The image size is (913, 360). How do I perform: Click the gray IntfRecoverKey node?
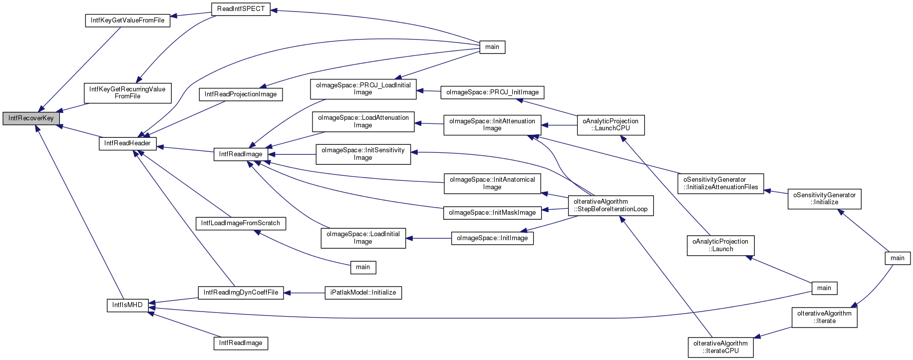pyautogui.click(x=31, y=118)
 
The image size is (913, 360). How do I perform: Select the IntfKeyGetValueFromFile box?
pyautogui.click(x=128, y=20)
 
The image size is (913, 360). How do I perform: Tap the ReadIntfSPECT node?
pyautogui.click(x=241, y=9)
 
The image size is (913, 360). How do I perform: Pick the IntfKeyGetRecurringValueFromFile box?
pyautogui.click(x=128, y=93)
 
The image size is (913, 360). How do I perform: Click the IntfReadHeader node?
pyautogui.click(x=128, y=143)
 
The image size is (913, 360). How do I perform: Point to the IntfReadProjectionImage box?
pyautogui.click(x=241, y=94)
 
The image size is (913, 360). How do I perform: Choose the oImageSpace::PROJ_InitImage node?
pyautogui.click(x=492, y=92)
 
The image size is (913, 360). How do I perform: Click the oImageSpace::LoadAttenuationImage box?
pyautogui.click(x=363, y=121)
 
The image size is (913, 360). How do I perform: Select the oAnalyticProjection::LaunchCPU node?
pyautogui.click(x=610, y=125)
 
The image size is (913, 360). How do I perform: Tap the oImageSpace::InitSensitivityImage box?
pyautogui.click(x=363, y=154)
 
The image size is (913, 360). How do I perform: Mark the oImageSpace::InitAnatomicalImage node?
pyautogui.click(x=492, y=183)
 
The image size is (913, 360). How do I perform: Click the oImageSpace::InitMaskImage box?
pyautogui.click(x=492, y=213)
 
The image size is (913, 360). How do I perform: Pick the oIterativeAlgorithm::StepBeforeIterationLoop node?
pyautogui.click(x=610, y=205)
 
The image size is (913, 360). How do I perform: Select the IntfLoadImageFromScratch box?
pyautogui.click(x=241, y=223)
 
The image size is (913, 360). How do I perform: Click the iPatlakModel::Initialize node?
pyautogui.click(x=363, y=293)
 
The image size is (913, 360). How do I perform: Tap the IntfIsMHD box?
pyautogui.click(x=127, y=305)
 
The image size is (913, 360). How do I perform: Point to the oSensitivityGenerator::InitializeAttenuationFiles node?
pyautogui.click(x=720, y=183)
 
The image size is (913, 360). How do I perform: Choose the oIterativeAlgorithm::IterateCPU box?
pyautogui.click(x=720, y=347)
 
